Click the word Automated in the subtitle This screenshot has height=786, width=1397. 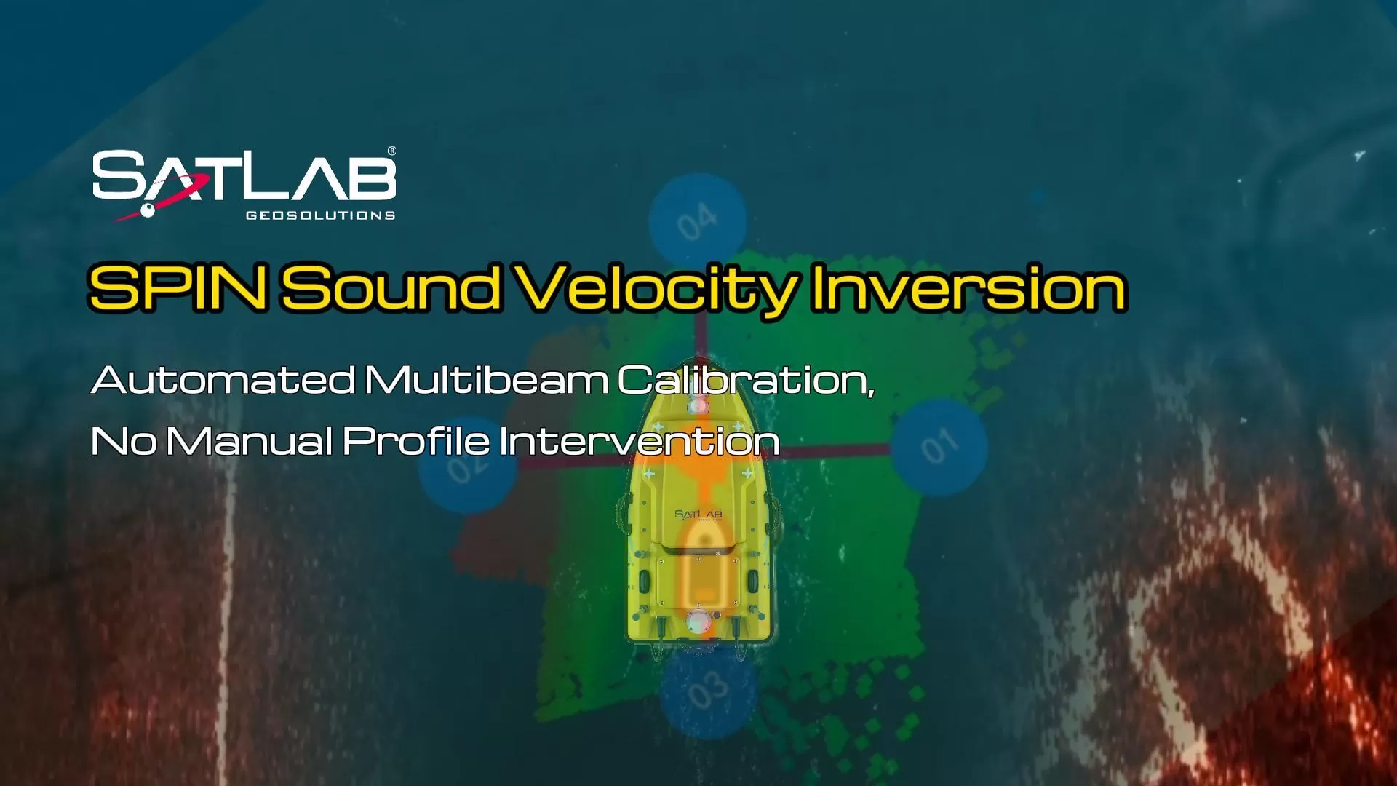[x=223, y=380]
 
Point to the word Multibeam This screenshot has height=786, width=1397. [x=486, y=380]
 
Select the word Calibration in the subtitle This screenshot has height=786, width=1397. [x=745, y=380]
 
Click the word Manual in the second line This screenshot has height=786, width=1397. [x=250, y=441]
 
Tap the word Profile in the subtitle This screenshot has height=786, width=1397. [x=416, y=441]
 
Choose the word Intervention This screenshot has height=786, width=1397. [x=640, y=441]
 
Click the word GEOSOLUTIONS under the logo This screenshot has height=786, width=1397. [x=320, y=215]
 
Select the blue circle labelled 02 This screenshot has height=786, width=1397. [x=467, y=466]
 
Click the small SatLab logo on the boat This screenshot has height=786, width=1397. [x=698, y=515]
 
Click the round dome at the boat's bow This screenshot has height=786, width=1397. [x=698, y=405]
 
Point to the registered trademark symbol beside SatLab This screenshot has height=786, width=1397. [x=392, y=151]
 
